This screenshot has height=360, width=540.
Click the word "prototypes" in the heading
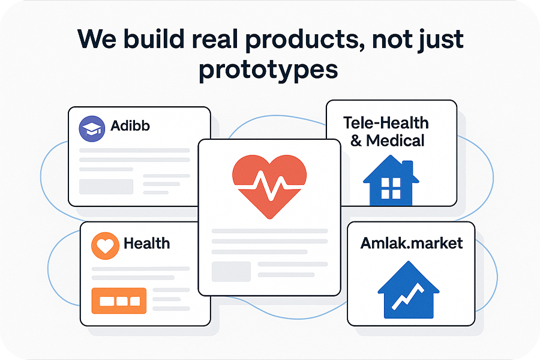click(x=268, y=71)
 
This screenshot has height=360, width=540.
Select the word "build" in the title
click(x=154, y=38)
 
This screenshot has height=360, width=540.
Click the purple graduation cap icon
click(x=92, y=129)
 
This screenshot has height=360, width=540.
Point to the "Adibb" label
click(x=130, y=126)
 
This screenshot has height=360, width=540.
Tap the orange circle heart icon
click(x=105, y=245)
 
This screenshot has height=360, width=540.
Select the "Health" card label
click(x=147, y=244)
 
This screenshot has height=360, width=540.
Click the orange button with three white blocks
click(x=119, y=301)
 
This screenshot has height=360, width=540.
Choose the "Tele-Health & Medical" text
click(x=386, y=131)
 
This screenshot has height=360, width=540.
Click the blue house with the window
click(x=391, y=180)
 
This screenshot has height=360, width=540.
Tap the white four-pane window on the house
click(x=391, y=188)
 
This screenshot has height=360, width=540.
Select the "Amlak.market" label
click(x=412, y=243)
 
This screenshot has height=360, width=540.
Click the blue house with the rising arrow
click(x=409, y=290)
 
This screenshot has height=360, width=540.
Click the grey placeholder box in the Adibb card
click(x=106, y=187)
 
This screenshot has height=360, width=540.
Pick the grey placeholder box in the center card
click(x=231, y=272)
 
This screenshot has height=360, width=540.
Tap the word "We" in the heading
click(x=97, y=39)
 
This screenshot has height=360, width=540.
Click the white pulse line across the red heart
click(x=269, y=185)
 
